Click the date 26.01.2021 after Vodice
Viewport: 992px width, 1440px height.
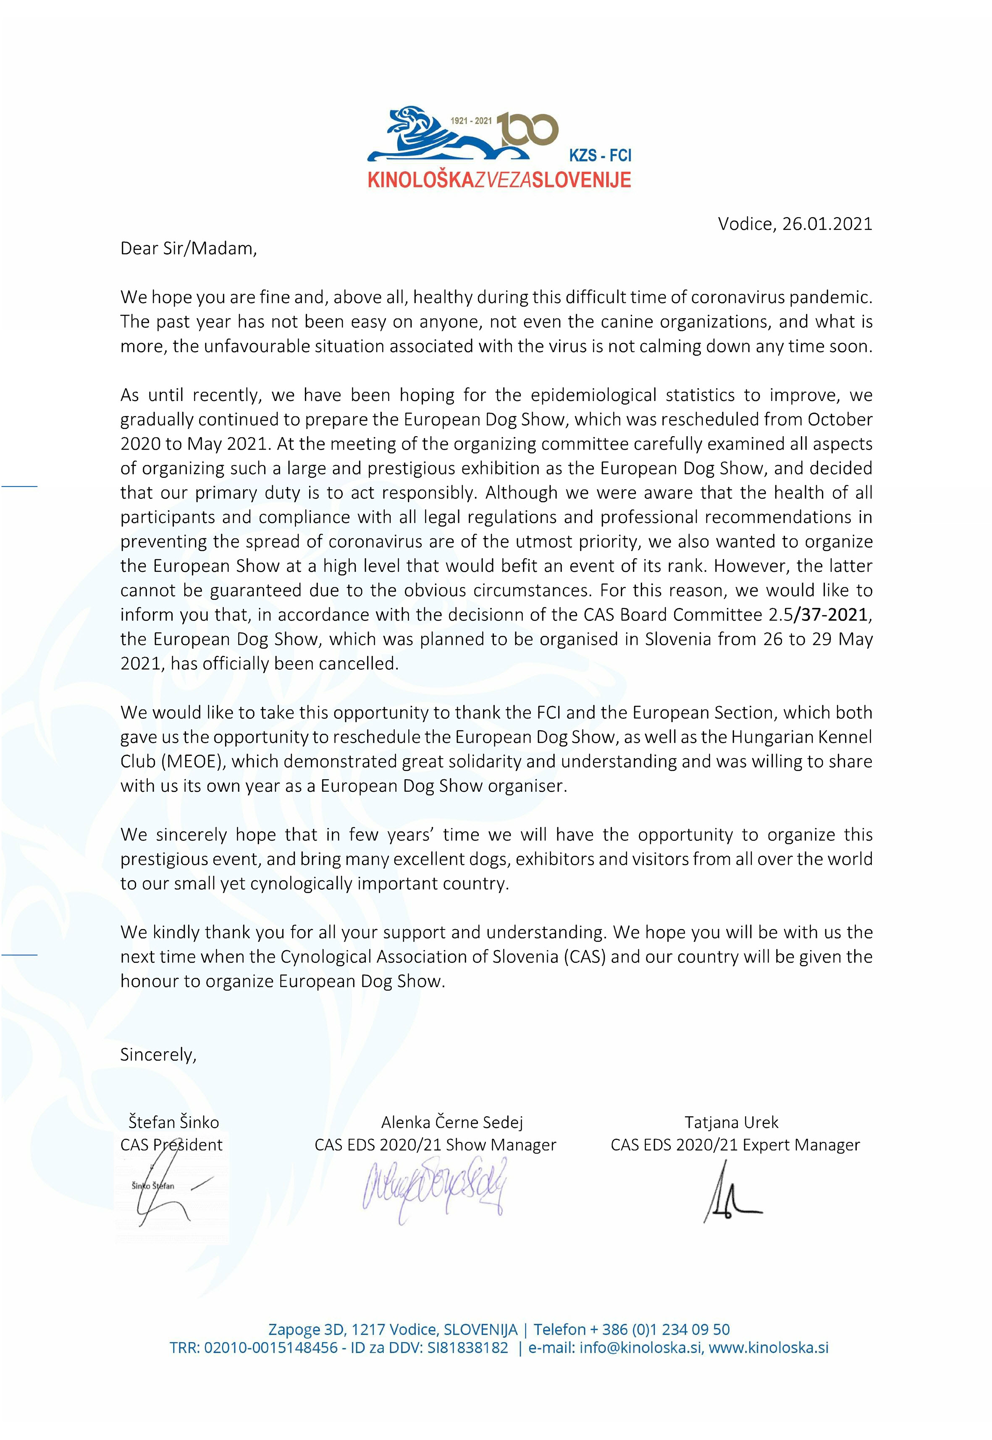pos(827,224)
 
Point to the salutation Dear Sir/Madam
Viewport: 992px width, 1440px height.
pos(188,249)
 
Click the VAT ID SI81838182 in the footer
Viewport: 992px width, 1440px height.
pos(467,1348)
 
